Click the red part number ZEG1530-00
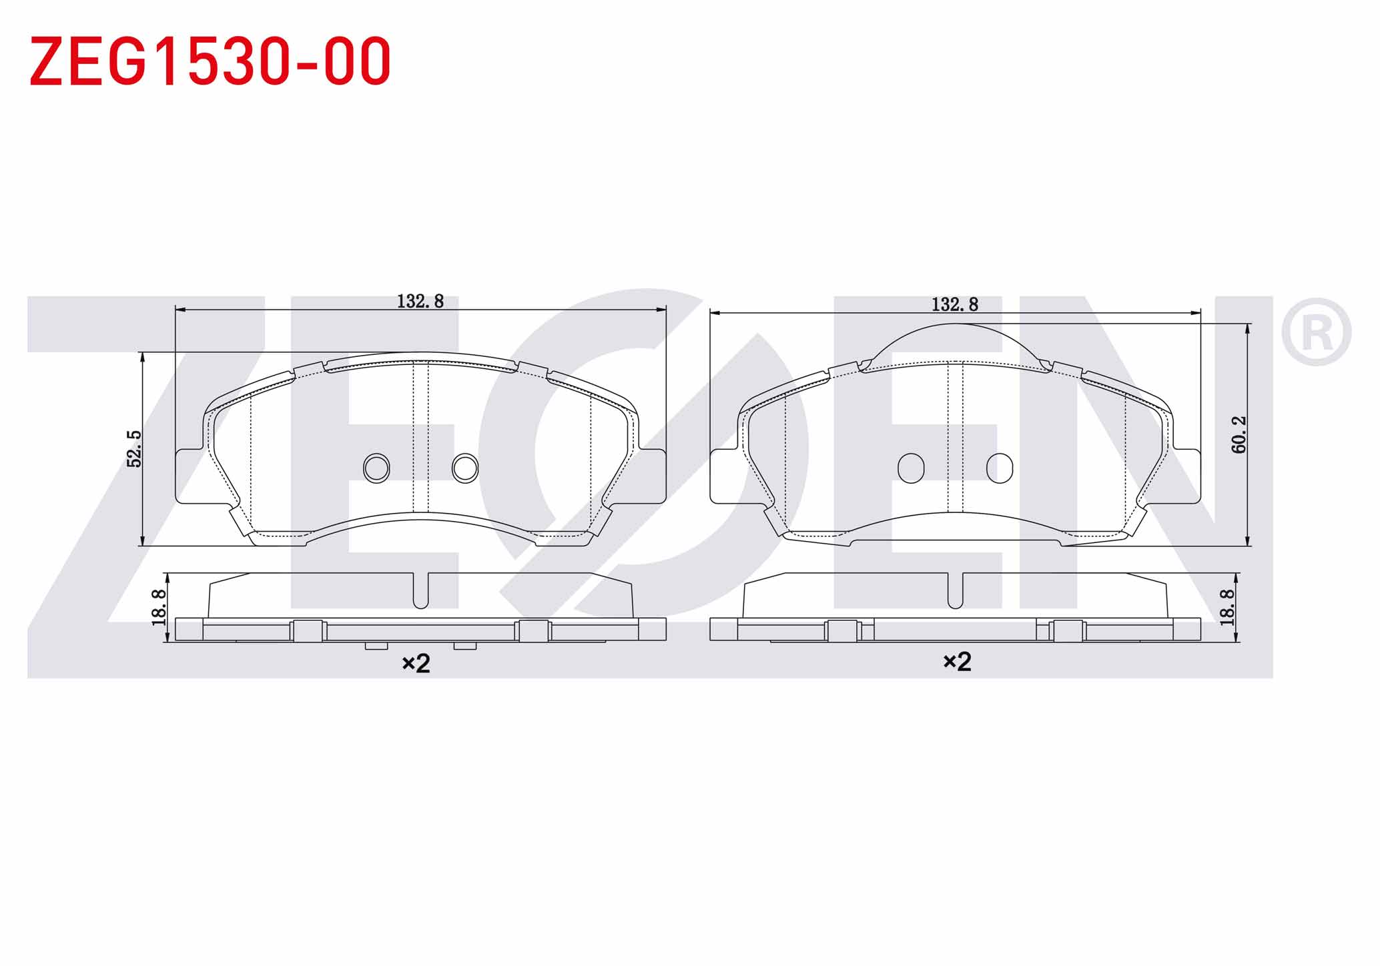[210, 61]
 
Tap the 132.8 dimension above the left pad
[420, 302]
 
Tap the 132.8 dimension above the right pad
[955, 305]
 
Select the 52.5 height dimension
[135, 448]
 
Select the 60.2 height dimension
[1239, 435]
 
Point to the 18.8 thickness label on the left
[159, 607]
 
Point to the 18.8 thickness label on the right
[1227, 607]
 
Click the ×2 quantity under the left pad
[416, 663]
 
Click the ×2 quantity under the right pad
[957, 662]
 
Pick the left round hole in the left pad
[376, 468]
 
